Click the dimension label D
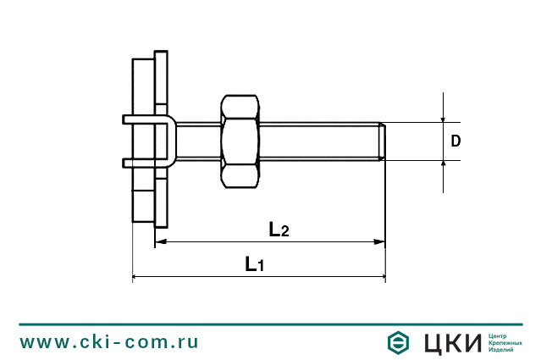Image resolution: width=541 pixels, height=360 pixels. (x=455, y=141)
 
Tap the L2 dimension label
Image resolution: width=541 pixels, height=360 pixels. (x=279, y=229)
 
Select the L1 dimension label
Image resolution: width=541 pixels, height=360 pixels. (x=255, y=264)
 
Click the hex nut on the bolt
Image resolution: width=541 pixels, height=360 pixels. (x=240, y=141)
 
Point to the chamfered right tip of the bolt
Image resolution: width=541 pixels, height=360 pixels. (x=384, y=141)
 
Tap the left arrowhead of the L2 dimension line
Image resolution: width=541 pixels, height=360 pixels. (x=161, y=242)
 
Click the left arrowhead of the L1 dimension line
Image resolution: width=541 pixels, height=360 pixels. (x=138, y=277)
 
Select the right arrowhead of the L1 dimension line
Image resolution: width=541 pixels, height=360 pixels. (x=380, y=277)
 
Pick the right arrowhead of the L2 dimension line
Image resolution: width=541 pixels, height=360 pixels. (x=380, y=242)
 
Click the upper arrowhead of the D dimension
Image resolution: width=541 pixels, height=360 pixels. (x=443, y=118)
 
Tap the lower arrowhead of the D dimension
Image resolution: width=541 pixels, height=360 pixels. (x=443, y=164)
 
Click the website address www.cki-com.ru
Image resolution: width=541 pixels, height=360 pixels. (x=109, y=342)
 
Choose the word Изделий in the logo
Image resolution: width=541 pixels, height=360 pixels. (x=502, y=350)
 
